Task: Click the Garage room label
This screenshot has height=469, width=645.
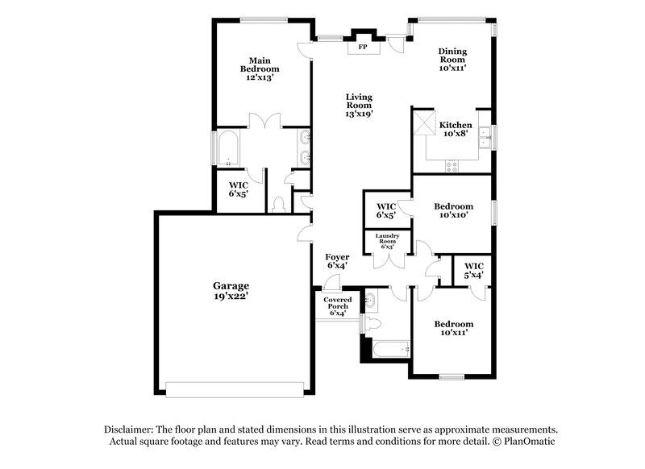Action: click(231, 290)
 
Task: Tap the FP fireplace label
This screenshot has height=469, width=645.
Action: click(363, 48)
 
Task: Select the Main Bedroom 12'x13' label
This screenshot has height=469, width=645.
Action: click(259, 69)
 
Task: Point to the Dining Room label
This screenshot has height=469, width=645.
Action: click(452, 60)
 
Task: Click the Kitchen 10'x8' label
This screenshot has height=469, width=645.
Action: click(456, 130)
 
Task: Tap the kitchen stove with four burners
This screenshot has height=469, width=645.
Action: click(452, 166)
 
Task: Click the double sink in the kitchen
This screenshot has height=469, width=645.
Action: click(485, 139)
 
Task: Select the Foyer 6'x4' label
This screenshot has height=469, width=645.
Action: click(337, 261)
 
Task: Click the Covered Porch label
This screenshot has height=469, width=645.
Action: click(337, 305)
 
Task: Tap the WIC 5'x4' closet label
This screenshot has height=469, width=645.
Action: click(473, 270)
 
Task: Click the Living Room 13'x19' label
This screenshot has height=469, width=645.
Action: click(359, 105)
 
